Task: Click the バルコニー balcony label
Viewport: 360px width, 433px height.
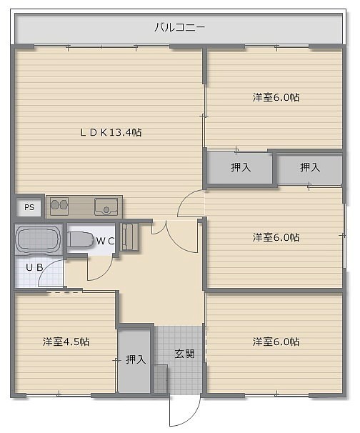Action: coord(179,27)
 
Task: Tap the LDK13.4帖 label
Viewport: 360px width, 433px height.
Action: coord(111,133)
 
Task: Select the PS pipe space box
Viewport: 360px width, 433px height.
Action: coord(29,207)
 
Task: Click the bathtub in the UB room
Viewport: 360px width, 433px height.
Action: coord(38,239)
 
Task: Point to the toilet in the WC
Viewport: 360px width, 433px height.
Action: coord(81,239)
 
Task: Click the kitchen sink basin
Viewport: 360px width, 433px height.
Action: coord(106,206)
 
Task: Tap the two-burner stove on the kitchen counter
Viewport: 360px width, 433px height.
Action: coord(59,206)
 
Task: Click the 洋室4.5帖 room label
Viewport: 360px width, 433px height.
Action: coord(66,342)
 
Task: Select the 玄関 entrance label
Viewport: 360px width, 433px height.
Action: coord(184,354)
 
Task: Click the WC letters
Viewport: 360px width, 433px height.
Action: coord(105,241)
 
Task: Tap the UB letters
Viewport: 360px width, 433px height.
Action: coord(34,267)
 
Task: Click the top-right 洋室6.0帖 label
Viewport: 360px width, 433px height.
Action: coord(276,97)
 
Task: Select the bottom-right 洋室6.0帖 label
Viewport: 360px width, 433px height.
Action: coord(276,342)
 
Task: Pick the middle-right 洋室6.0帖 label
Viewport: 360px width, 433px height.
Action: coord(276,237)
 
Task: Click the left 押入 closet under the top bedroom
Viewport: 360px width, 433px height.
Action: coord(239,167)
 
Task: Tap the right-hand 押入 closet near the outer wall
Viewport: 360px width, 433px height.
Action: coord(310,167)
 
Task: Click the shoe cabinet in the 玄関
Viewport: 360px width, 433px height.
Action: coord(161,378)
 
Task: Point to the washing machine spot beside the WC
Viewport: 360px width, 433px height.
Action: coord(130,237)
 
